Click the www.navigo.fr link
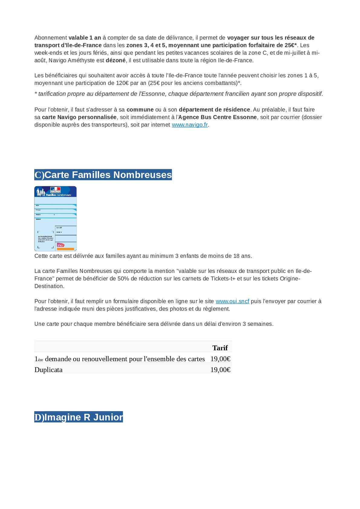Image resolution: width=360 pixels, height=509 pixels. coord(190,125)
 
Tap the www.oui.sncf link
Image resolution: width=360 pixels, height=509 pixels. coord(232,301)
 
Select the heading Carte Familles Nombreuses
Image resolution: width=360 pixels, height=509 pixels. coord(103,175)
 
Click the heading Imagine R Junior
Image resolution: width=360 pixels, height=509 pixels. coord(79,417)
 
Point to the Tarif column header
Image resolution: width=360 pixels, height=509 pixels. coord(220,348)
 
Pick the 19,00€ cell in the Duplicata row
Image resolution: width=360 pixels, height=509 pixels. coord(220,370)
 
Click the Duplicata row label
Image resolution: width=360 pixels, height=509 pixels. coord(49,370)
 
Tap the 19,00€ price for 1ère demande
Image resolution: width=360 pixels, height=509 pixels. coord(220,359)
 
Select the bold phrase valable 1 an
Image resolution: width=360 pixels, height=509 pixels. coord(85,38)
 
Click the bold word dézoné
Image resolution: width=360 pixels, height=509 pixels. coord(115,60)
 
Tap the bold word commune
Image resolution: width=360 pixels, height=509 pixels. coord(140,110)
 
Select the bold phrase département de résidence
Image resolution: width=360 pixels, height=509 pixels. coord(214,110)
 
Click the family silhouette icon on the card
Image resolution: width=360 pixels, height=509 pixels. coord(41,192)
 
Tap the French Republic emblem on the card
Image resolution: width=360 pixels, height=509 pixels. coord(55,190)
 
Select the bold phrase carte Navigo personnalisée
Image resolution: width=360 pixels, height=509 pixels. coord(79,117)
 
